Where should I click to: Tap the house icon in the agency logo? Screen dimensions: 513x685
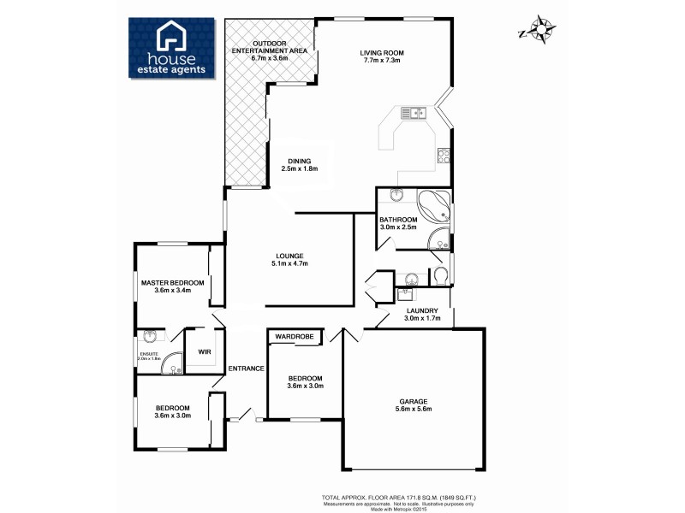click(x=170, y=38)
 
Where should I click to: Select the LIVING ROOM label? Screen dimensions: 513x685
click(x=382, y=53)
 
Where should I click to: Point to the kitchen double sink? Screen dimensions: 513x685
click(x=414, y=111)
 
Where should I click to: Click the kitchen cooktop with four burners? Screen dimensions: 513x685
click(x=444, y=156)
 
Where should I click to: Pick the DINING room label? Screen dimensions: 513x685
click(x=300, y=161)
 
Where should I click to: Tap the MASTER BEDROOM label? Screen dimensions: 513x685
click(x=172, y=282)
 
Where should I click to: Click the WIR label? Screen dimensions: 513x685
click(x=204, y=351)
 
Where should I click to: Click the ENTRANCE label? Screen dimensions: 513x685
click(x=246, y=369)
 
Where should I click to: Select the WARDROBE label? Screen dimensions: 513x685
click(x=295, y=337)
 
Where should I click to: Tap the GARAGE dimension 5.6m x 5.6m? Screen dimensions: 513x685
click(x=412, y=409)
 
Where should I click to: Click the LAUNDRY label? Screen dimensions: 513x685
click(x=422, y=310)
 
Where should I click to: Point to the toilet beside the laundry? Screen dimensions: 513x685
click(x=439, y=274)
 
